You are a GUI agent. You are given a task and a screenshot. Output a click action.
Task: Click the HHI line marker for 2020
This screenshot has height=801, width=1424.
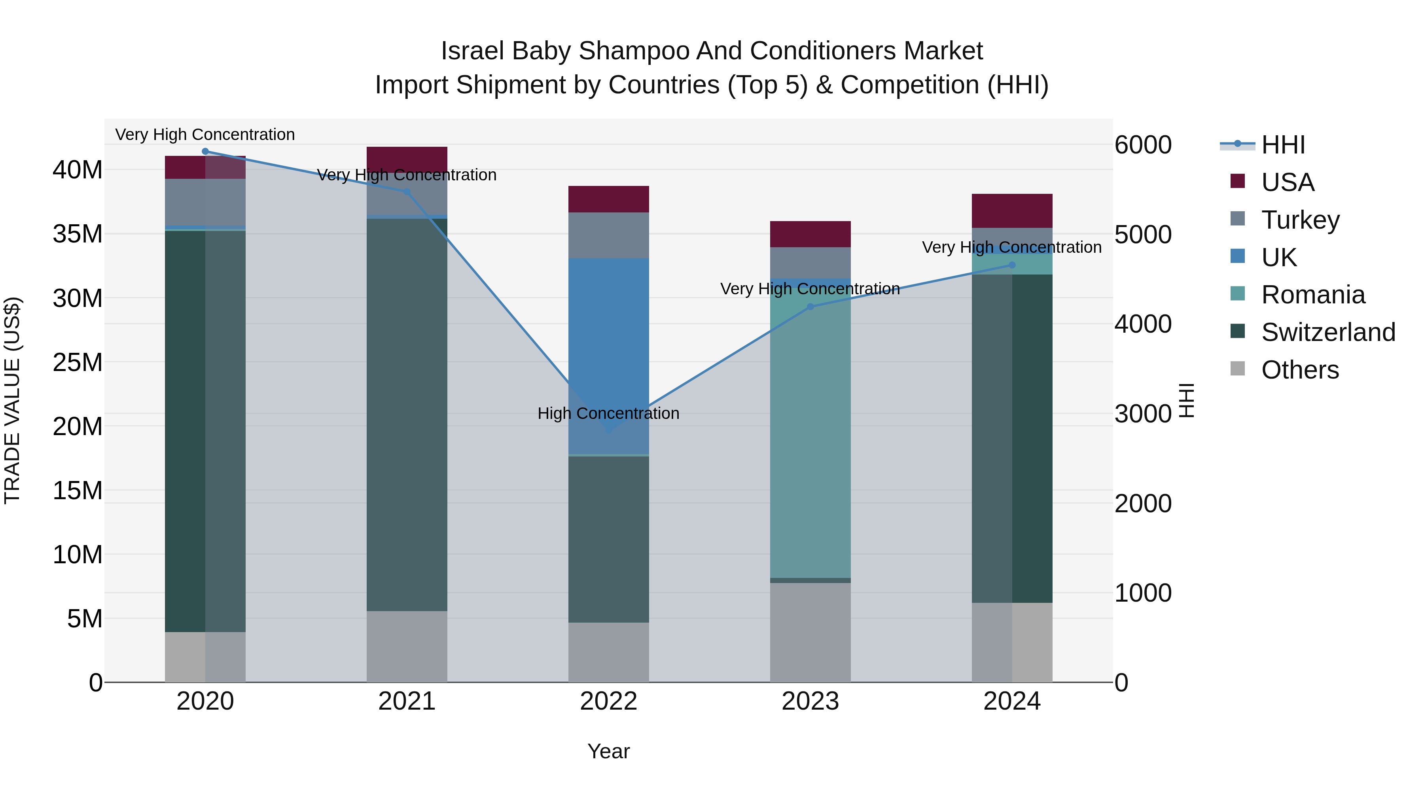205,151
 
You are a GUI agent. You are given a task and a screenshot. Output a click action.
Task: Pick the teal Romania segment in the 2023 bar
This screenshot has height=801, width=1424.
810,431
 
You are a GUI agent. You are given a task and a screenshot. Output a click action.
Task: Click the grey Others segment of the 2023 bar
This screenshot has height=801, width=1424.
810,633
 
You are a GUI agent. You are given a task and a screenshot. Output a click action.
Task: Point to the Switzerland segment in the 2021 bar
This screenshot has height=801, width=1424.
407,415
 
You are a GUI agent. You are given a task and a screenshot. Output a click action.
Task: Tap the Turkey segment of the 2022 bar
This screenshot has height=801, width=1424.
609,235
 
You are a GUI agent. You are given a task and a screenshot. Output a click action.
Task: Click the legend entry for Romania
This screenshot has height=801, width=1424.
1312,295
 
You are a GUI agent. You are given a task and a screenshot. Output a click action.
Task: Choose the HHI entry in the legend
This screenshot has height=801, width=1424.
1282,145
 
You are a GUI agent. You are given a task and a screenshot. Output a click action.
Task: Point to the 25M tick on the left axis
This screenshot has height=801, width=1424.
78,363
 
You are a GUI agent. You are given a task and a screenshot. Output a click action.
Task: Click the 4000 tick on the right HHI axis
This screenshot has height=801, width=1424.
1142,324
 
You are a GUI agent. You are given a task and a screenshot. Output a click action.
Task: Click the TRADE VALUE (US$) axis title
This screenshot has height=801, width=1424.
12,401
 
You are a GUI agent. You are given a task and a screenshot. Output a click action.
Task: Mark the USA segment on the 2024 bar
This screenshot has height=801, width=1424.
1012,210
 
